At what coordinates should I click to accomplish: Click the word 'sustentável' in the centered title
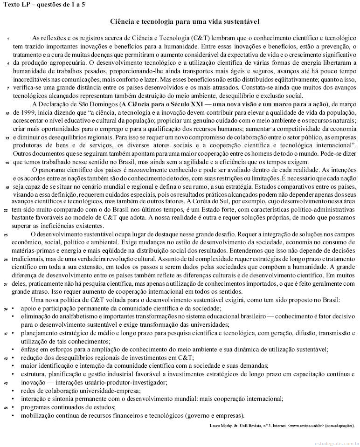tap(242, 21)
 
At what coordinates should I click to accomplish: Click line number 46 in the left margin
tap(6, 408)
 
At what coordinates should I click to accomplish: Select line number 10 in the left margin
tap(7, 113)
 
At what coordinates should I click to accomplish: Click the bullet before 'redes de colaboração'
tap(14, 391)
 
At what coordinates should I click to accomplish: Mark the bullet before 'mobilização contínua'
tap(14, 415)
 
